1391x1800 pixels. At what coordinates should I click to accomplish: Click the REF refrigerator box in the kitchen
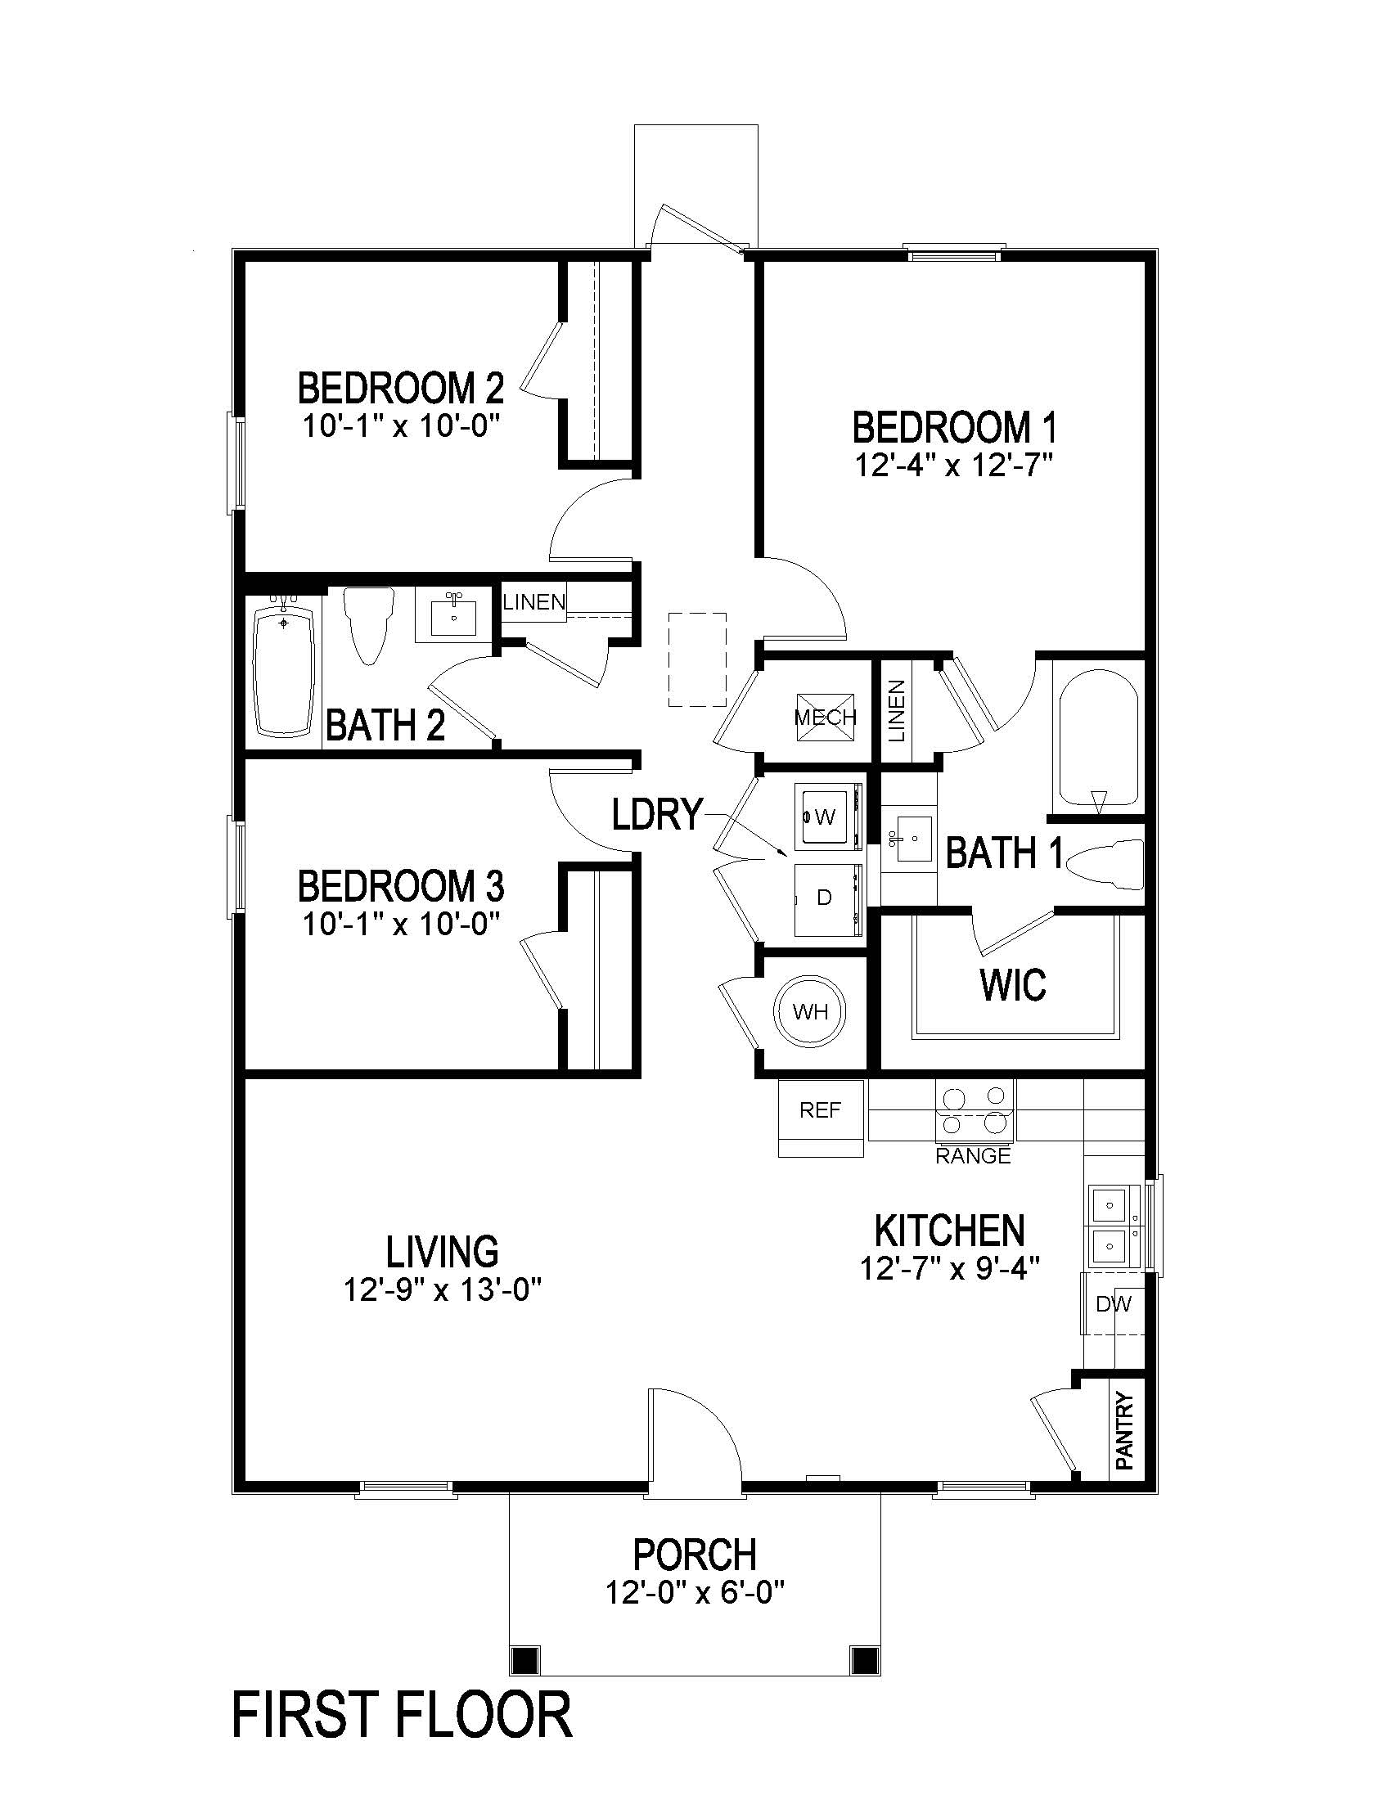(820, 1110)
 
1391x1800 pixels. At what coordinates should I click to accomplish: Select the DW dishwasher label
(1114, 1304)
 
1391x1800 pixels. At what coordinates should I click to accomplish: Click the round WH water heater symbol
(809, 1011)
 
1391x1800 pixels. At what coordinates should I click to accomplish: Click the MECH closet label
(825, 717)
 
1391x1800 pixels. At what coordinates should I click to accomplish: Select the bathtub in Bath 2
(283, 672)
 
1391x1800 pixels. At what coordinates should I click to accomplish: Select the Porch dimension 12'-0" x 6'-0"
(694, 1591)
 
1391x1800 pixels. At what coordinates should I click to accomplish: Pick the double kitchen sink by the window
(1113, 1226)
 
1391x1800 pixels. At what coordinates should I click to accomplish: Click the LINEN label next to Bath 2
(534, 602)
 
